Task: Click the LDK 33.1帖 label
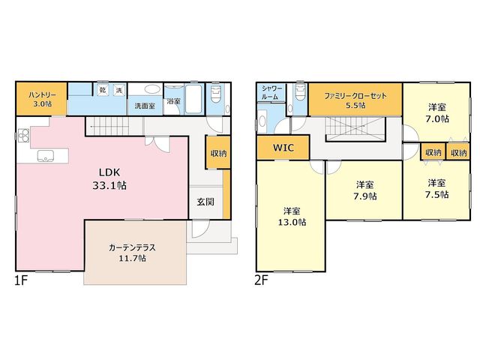pos(109,179)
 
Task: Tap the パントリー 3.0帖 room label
pos(42,99)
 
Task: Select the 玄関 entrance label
pos(205,202)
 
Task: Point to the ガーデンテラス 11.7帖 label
pos(132,253)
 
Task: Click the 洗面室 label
pos(145,106)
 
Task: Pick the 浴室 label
pos(173,101)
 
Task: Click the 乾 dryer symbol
pos(102,90)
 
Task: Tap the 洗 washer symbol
pos(118,90)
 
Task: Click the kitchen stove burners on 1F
pos(23,136)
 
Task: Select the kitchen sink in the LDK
pos(46,156)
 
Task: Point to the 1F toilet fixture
pos(216,94)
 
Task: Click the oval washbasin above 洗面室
pos(152,89)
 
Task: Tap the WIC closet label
pos(283,148)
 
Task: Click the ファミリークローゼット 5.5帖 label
pos(355,100)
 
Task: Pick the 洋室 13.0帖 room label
pos(292,217)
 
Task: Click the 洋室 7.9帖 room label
pos(365,190)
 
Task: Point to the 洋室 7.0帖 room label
pos(437,113)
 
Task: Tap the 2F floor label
pos(261,280)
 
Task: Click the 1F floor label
pos(21,280)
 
